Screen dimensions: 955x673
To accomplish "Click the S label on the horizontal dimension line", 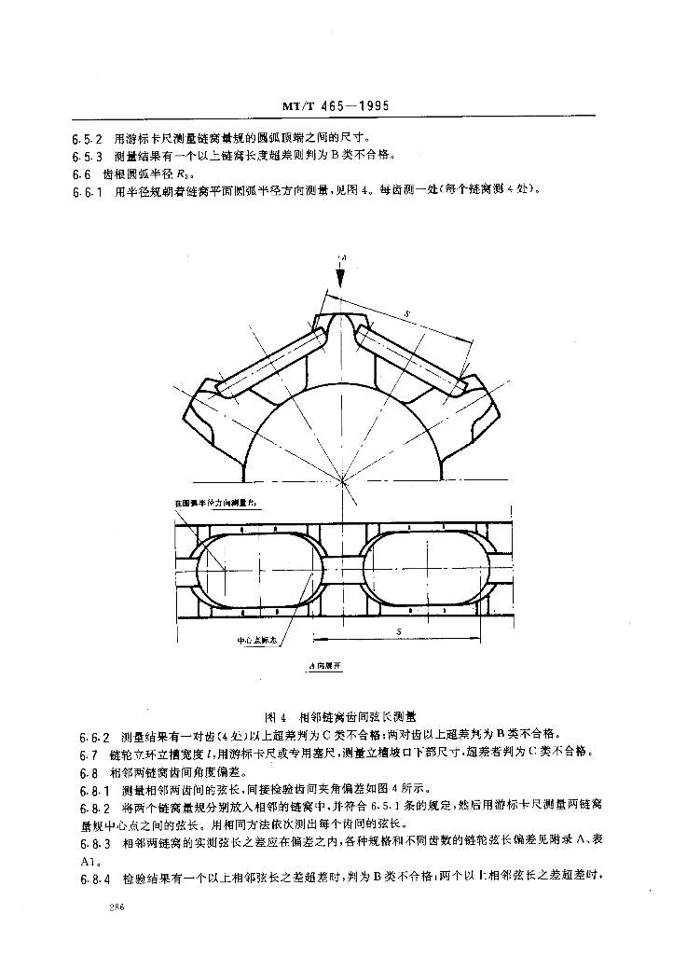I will coord(398,631).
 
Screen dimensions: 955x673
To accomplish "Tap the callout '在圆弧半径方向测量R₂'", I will coord(217,503).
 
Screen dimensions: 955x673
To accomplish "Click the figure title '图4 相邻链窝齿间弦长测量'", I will coord(341,716).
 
